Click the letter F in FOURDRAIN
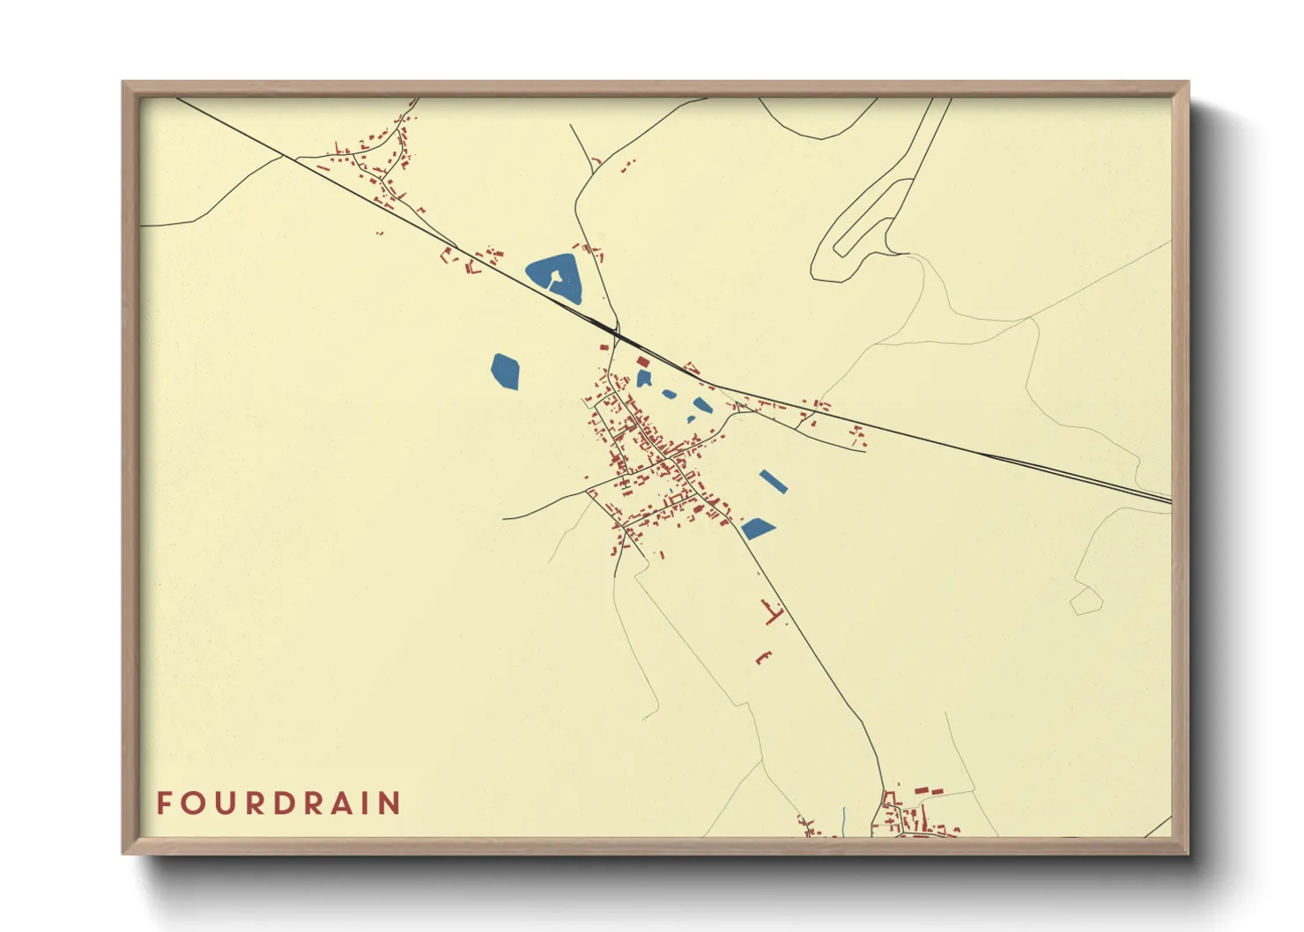pyautogui.click(x=164, y=803)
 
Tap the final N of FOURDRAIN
pyautogui.click(x=392, y=803)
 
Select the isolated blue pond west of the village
pyautogui.click(x=505, y=371)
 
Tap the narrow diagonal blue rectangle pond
pyautogui.click(x=773, y=481)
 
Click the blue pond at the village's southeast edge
pyautogui.click(x=757, y=529)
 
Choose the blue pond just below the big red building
pyautogui.click(x=643, y=379)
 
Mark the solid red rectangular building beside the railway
pyautogui.click(x=642, y=362)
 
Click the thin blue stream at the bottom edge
pyautogui.click(x=843, y=821)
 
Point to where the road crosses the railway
pyautogui.click(x=615, y=333)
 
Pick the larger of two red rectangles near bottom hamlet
pyautogui.click(x=922, y=791)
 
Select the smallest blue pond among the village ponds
pyautogui.click(x=670, y=394)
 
